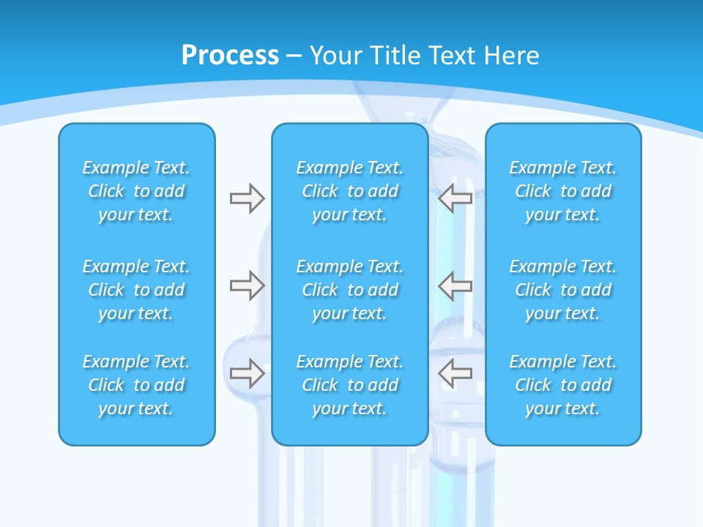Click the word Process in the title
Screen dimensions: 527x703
click(x=230, y=56)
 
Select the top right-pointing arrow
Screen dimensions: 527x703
click(x=247, y=198)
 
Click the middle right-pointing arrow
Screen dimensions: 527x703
click(x=247, y=285)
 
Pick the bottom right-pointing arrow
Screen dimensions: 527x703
click(x=247, y=373)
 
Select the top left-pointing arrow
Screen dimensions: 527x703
click(x=455, y=198)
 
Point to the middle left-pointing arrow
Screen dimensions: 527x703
click(x=455, y=285)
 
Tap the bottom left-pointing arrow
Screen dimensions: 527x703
click(x=455, y=373)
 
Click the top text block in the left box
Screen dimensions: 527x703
click(x=136, y=191)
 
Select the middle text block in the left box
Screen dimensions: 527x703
click(x=136, y=290)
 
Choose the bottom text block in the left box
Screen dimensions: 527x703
click(x=136, y=385)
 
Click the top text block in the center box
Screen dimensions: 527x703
click(x=350, y=191)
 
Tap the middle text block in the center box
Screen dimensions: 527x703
click(x=350, y=290)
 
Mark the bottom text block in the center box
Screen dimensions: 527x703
click(x=350, y=385)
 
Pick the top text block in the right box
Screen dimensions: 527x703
click(x=563, y=191)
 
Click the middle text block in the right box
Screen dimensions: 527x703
click(x=563, y=290)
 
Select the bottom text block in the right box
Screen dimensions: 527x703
click(x=563, y=385)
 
